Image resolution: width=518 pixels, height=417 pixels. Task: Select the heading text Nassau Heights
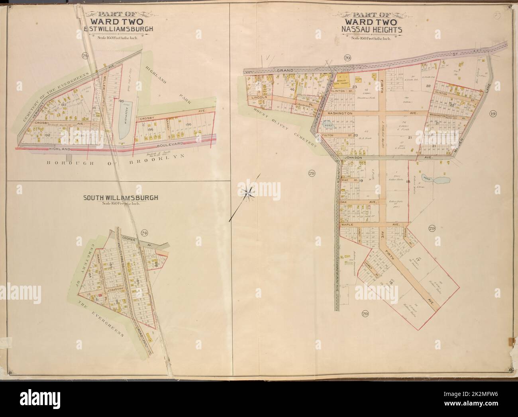[x=371, y=29]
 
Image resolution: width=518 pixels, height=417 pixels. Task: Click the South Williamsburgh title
[x=120, y=197]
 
